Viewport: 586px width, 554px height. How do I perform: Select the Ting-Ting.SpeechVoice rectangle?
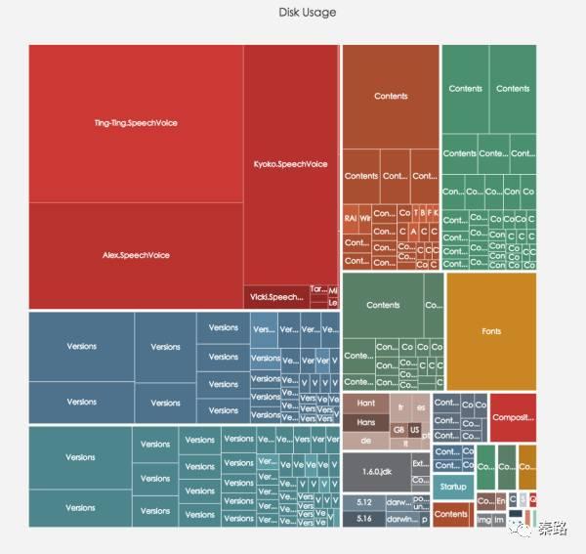click(135, 123)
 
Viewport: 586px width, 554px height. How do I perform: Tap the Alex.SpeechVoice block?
click(135, 255)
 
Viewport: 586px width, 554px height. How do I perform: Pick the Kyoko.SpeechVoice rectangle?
click(290, 164)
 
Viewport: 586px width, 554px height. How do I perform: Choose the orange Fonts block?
click(491, 331)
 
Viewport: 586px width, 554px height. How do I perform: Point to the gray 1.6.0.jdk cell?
click(376, 472)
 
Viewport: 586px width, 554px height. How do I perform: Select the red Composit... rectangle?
click(513, 417)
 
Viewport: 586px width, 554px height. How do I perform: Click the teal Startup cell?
click(452, 487)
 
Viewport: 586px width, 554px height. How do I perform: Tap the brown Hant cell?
click(366, 404)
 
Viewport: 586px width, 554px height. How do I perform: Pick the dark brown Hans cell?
click(366, 421)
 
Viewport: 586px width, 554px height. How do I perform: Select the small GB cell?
click(398, 430)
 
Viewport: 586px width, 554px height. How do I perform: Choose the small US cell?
click(415, 430)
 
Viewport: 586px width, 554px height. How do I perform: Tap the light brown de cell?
click(366, 442)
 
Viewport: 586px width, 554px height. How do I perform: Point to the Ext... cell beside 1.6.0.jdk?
click(420, 464)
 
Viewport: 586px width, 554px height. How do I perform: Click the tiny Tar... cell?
click(317, 289)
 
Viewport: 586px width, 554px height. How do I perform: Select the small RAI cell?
click(350, 218)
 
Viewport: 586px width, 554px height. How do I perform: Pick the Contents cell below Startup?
click(451, 514)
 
